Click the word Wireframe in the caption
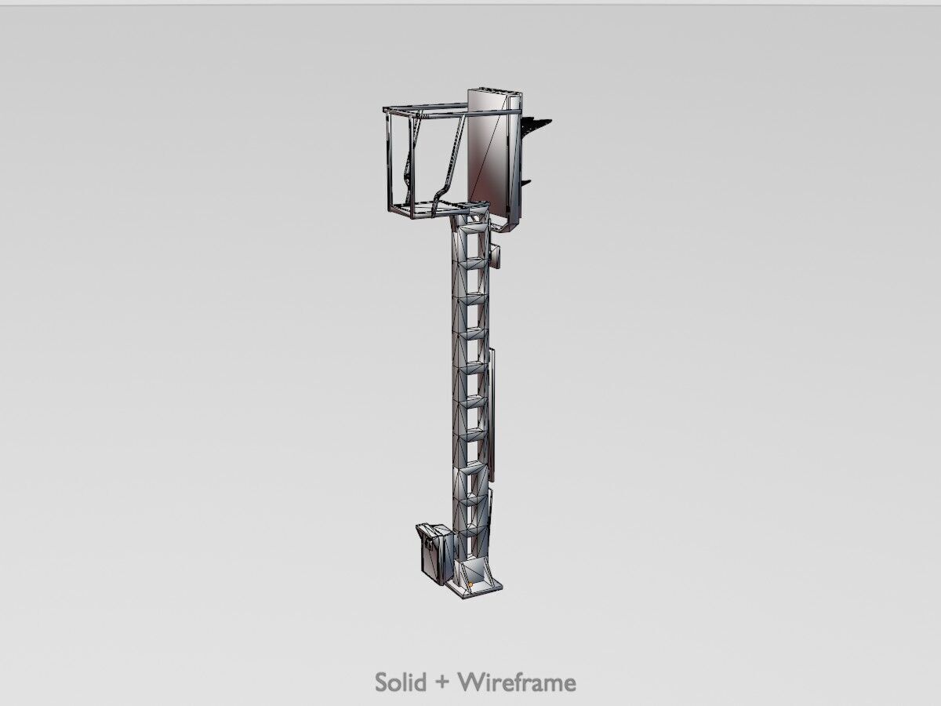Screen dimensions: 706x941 [x=518, y=682]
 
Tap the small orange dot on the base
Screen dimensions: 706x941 [x=468, y=584]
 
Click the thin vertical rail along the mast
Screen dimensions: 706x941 [x=492, y=416]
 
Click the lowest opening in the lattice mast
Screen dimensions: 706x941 [x=473, y=541]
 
